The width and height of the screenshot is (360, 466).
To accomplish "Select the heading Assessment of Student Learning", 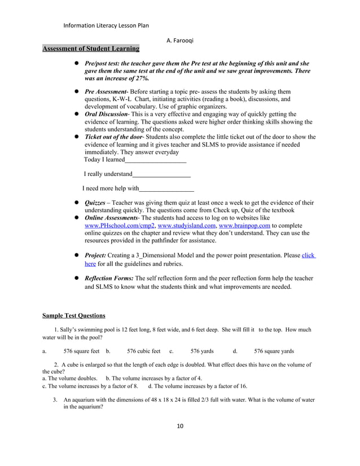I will (x=91, y=49).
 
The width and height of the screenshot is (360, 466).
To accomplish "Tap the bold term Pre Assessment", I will (x=106, y=91).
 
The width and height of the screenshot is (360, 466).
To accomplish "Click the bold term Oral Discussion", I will (x=106, y=114).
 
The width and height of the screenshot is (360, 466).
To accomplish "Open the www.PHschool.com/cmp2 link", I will (x=120, y=225).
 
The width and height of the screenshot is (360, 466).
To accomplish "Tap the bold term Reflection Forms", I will (x=109, y=278).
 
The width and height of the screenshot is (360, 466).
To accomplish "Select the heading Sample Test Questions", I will (x=74, y=315).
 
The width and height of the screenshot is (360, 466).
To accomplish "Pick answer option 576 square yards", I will (x=274, y=351).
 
